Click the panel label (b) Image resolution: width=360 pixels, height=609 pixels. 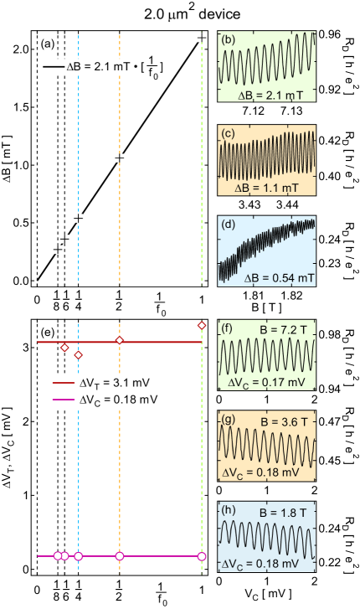pyautogui.click(x=226, y=39)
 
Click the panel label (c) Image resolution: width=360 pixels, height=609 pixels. pyautogui.click(x=226, y=132)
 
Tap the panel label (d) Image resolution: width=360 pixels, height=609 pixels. pyautogui.click(x=226, y=225)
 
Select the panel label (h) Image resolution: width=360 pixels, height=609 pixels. pyautogui.click(x=226, y=508)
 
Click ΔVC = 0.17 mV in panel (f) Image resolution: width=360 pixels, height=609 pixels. pyautogui.click(x=267, y=382)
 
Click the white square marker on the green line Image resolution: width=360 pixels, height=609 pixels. pyautogui.click(x=202, y=37)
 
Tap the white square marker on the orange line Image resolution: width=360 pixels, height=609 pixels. pyautogui.click(x=120, y=157)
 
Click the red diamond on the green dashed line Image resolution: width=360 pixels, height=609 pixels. pyautogui.click(x=202, y=325)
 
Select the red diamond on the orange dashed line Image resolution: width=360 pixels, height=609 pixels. pyautogui.click(x=120, y=340)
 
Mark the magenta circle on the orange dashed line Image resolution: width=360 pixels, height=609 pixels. pyautogui.click(x=120, y=556)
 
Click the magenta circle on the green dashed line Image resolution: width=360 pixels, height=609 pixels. pyautogui.click(x=202, y=556)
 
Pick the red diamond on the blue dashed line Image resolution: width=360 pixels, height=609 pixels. pyautogui.click(x=79, y=355)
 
